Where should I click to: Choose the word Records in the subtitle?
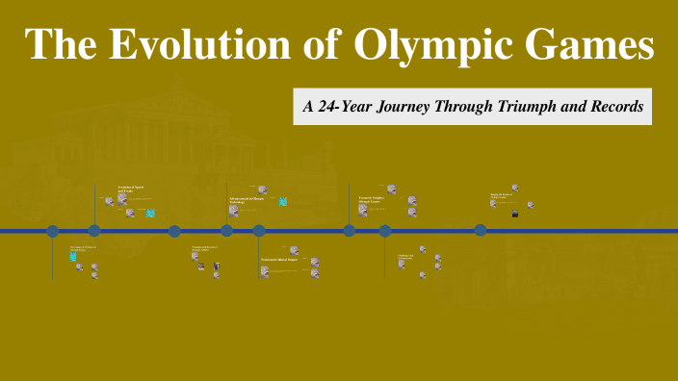[x=616, y=107]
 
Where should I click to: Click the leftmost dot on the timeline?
[x=53, y=231]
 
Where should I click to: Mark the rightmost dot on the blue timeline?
[x=480, y=230]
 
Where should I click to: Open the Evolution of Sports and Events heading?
[x=130, y=190]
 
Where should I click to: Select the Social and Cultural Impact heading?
[x=280, y=260]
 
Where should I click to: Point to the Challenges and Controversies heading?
[x=405, y=257]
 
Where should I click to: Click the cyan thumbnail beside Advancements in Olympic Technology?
[x=283, y=202]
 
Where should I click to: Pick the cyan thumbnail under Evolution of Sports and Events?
[x=150, y=213]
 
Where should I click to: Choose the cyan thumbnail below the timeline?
[x=73, y=257]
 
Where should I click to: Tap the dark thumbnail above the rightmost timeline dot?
[x=515, y=213]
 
